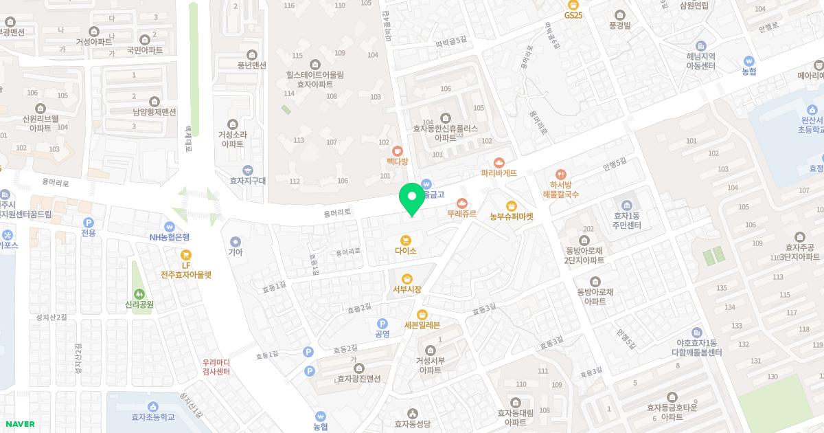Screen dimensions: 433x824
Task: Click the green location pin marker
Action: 412,198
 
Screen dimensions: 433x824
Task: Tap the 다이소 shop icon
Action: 406,240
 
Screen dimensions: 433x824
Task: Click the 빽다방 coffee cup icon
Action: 397,151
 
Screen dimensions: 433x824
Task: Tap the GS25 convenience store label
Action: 573,14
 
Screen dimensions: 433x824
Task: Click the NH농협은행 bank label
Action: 170,237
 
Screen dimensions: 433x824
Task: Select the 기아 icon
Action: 236,241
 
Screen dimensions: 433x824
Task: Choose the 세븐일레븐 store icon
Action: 422,314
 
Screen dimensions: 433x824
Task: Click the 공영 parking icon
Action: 382,323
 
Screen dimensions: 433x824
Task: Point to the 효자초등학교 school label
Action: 153,417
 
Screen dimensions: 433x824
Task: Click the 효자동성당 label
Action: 412,424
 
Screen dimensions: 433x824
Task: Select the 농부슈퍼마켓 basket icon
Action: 512,206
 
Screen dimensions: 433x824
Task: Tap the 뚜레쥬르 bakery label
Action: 461,214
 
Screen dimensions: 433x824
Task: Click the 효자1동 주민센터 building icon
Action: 627,206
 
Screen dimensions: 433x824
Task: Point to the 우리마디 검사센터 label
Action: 216,367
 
